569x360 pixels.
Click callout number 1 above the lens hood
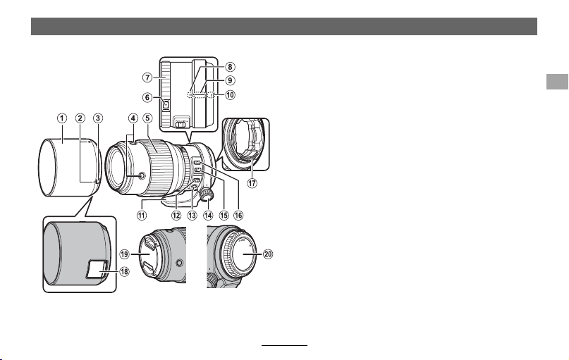(x=62, y=118)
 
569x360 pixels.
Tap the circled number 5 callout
(x=147, y=118)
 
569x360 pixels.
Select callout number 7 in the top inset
(x=147, y=77)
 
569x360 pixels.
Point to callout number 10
(x=230, y=95)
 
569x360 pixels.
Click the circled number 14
(x=208, y=215)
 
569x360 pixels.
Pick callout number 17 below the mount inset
(x=252, y=183)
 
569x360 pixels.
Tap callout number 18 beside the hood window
(x=124, y=271)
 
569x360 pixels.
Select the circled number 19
(x=125, y=254)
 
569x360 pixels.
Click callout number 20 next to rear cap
(x=268, y=254)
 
